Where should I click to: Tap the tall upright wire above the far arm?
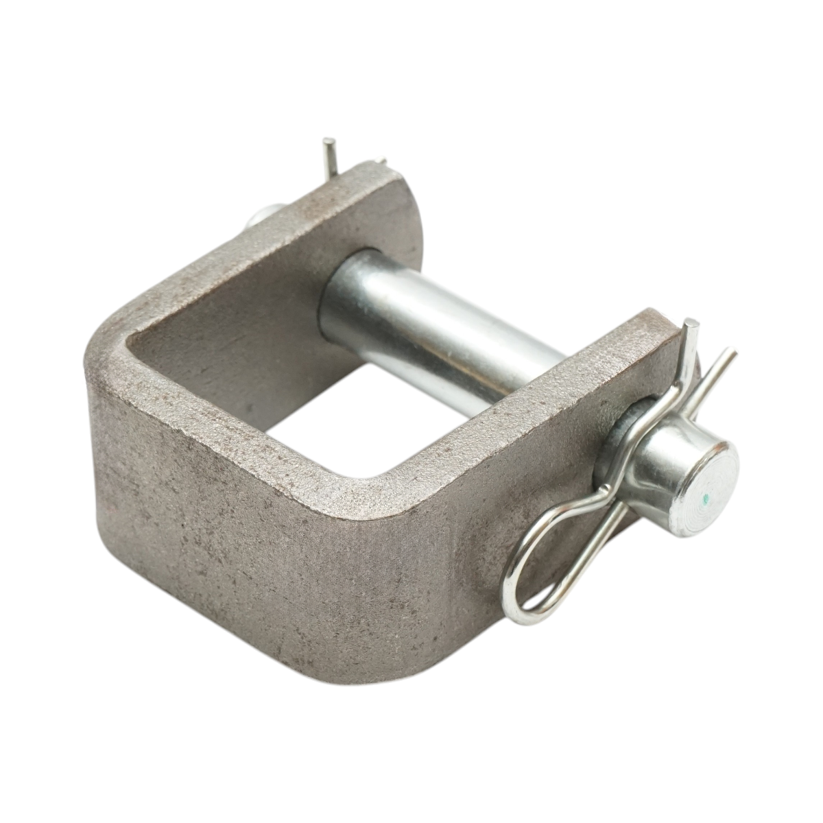[x=330, y=155]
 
